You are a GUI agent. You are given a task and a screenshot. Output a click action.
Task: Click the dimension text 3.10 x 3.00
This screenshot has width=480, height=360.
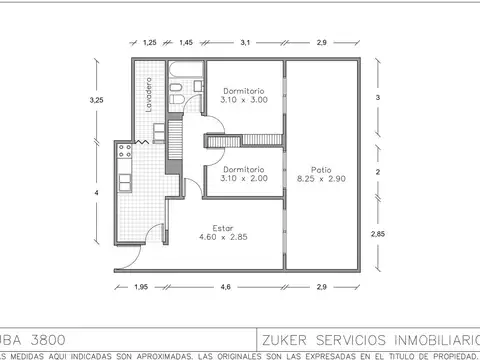(245, 101)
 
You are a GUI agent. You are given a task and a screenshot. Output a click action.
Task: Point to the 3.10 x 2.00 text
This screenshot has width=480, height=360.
(245, 178)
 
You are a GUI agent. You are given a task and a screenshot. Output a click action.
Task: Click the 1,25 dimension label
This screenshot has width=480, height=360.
(150, 43)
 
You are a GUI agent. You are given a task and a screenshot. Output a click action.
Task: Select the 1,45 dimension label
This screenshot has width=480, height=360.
(186, 43)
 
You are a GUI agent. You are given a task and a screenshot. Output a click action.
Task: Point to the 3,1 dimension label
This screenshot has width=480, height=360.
(245, 43)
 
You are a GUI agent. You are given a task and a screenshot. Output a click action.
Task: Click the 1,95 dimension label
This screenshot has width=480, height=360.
(140, 288)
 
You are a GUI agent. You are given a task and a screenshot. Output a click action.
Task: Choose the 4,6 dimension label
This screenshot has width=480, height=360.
(225, 288)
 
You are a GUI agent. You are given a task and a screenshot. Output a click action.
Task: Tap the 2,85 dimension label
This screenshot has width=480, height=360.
(377, 233)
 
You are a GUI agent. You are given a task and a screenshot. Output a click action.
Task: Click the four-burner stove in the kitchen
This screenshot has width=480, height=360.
(124, 152)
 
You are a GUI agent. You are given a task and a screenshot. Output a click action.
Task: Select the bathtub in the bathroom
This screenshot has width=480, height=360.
(186, 71)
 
